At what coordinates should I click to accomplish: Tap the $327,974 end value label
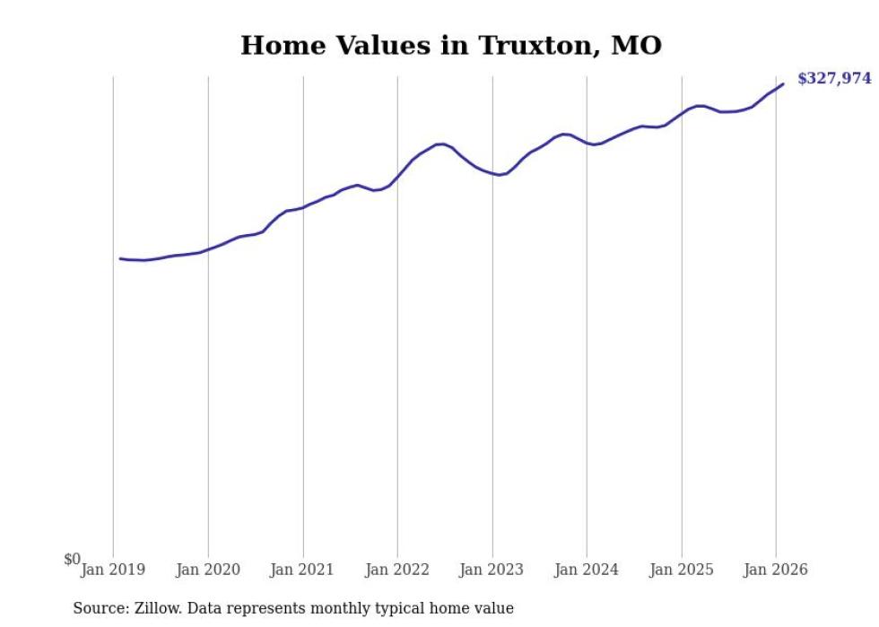click(x=833, y=78)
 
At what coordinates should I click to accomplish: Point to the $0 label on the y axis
click(x=72, y=560)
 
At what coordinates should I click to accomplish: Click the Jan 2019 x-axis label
click(x=113, y=570)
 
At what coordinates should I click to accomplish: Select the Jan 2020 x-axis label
click(x=208, y=570)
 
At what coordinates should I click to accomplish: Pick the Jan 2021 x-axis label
click(x=302, y=570)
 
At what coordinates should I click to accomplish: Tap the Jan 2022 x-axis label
click(x=397, y=570)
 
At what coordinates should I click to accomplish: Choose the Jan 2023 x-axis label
click(x=492, y=570)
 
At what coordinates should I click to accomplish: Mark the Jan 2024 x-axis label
click(x=587, y=570)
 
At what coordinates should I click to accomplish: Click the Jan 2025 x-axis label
click(x=682, y=570)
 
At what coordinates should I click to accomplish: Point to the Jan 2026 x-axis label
click(x=776, y=570)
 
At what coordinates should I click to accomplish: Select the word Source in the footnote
click(x=100, y=608)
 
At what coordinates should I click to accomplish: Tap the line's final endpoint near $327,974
click(x=783, y=84)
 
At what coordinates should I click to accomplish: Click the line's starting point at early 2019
click(x=120, y=258)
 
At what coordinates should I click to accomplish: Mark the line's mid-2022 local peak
click(x=440, y=144)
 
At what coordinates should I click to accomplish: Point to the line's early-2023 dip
click(x=500, y=175)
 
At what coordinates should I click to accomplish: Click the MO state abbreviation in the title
click(x=636, y=45)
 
